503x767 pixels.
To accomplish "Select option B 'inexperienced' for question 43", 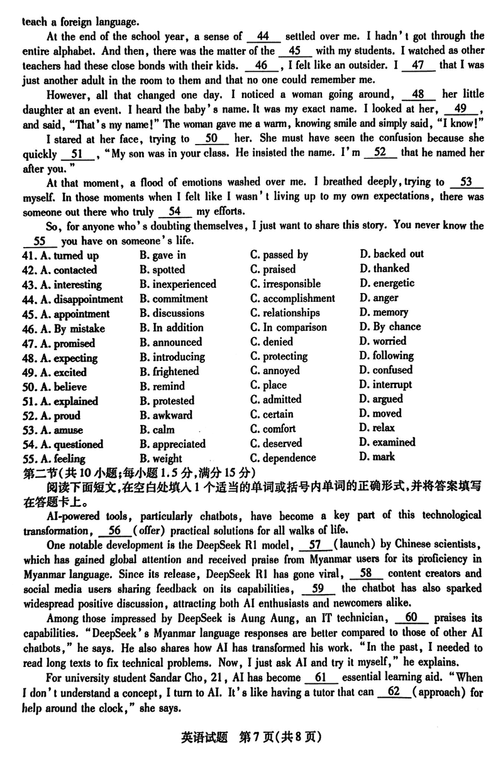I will pos(177,284).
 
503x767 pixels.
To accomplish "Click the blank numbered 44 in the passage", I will pos(263,36).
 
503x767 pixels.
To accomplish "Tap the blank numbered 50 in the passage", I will pos(211,139).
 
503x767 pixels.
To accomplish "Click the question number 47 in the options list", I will pos(29,343).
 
